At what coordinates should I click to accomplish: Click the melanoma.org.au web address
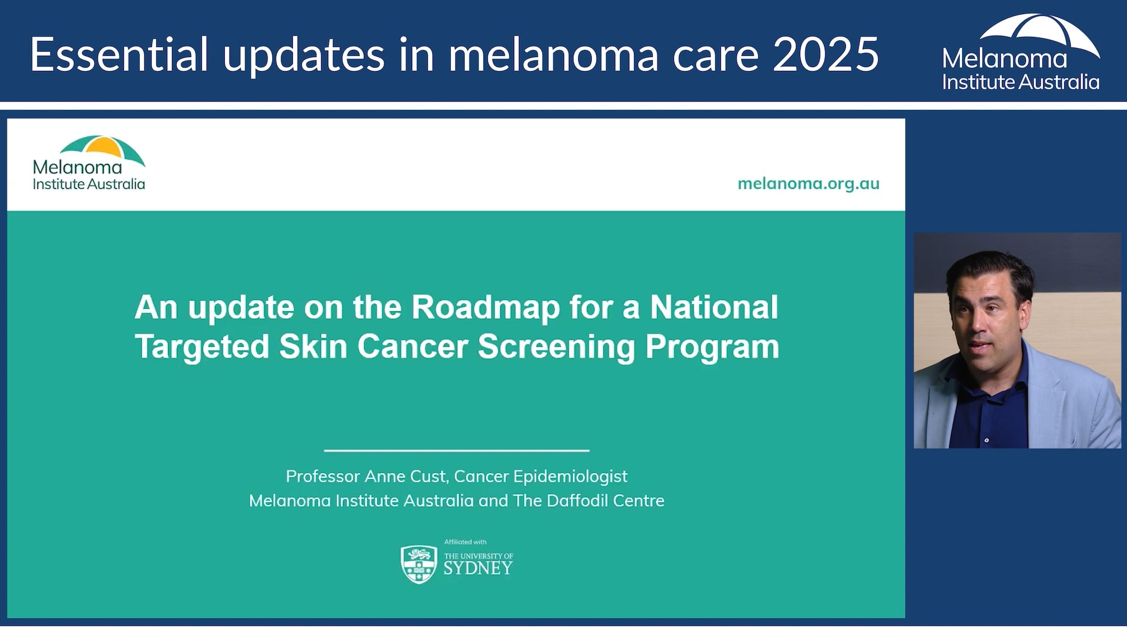[x=808, y=184]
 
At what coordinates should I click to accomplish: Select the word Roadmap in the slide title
[x=485, y=307]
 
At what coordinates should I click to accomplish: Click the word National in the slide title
[x=714, y=307]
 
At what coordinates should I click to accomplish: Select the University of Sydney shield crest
[x=419, y=564]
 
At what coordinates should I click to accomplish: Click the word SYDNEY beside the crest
[x=478, y=568]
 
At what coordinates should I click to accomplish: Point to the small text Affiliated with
[x=465, y=542]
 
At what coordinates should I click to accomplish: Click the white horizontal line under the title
[x=456, y=450]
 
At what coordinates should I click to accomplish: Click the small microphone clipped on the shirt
[x=987, y=440]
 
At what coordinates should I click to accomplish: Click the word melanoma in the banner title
[x=554, y=54]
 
